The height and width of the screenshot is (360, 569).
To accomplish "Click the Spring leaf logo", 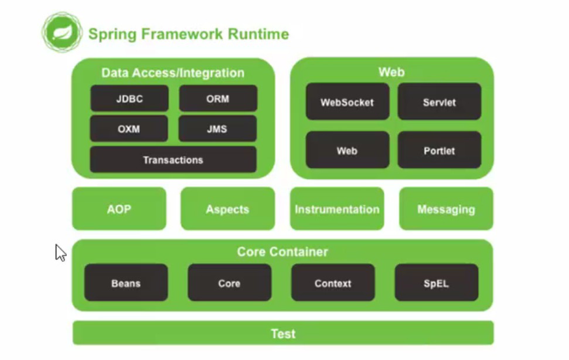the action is [x=62, y=32].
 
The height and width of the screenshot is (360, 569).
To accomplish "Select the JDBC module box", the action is [x=130, y=99].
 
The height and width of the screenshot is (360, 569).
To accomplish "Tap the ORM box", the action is [x=218, y=99].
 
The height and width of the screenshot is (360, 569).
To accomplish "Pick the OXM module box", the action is [x=129, y=128].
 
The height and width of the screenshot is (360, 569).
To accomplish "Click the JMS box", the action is [x=217, y=128].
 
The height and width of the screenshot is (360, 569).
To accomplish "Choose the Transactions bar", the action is [x=173, y=159].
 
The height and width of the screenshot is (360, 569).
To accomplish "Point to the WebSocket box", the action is [x=347, y=101].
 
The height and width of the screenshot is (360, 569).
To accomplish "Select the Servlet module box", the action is [x=439, y=101].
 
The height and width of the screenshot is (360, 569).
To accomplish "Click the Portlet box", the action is [x=439, y=150].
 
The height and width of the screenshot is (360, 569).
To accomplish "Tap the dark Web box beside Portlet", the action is [x=347, y=150].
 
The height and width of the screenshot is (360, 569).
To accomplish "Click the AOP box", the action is [x=119, y=209].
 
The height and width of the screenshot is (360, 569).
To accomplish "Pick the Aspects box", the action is [x=227, y=209].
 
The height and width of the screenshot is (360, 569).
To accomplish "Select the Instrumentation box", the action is [x=337, y=209].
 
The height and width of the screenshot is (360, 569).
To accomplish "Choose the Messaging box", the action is [x=447, y=209].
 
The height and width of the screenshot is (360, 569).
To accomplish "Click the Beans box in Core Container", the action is [x=126, y=283].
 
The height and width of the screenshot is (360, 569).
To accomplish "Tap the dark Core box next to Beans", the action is [x=229, y=283].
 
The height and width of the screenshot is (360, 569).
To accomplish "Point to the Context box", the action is [x=333, y=283].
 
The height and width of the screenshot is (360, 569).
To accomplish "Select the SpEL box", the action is [x=437, y=283].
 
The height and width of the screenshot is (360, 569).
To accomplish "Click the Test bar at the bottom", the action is [x=283, y=333].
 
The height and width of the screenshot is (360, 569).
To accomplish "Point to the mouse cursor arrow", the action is [x=60, y=252].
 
